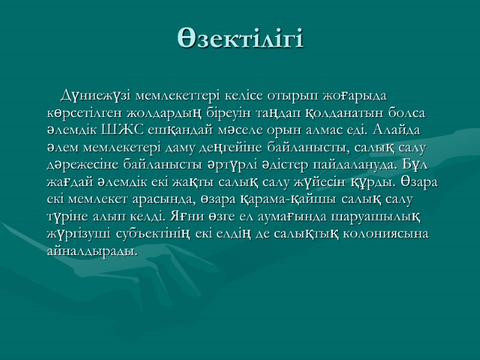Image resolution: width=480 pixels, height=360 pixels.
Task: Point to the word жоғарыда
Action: (356, 95)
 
